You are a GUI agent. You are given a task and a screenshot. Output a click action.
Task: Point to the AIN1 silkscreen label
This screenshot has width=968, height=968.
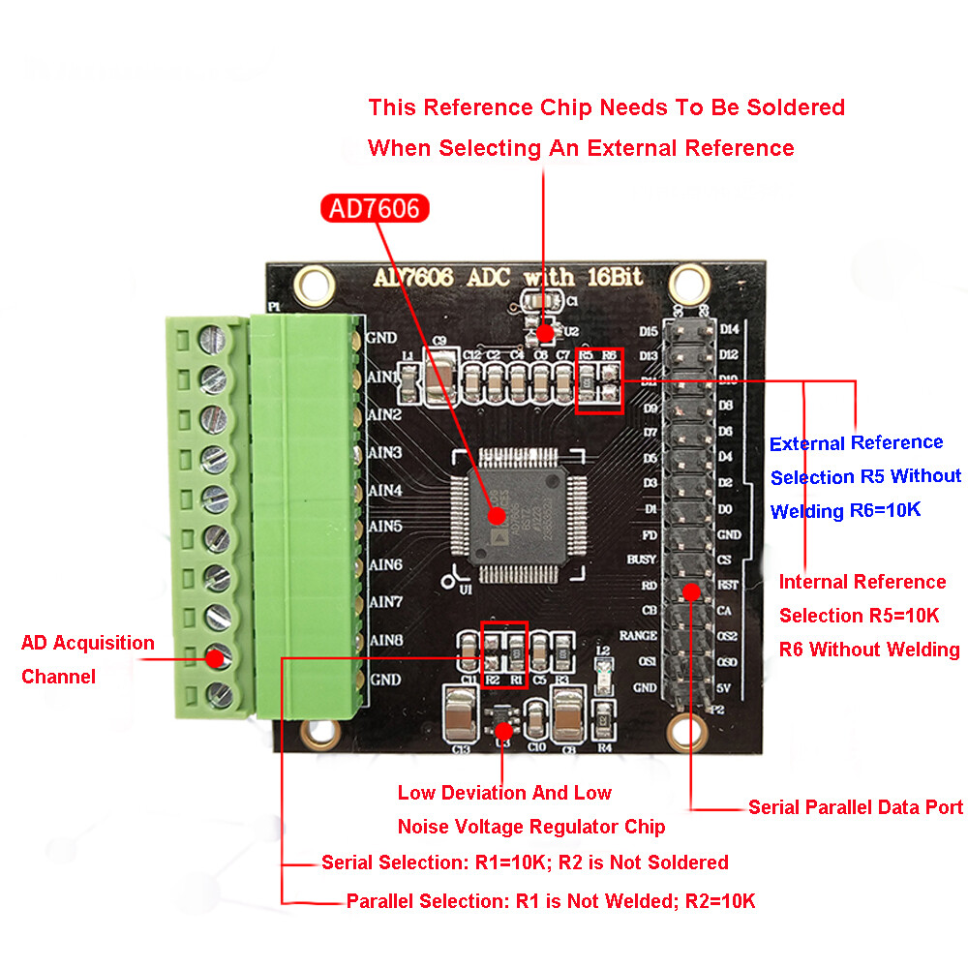384,377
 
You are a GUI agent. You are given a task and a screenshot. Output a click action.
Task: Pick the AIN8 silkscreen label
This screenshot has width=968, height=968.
385,640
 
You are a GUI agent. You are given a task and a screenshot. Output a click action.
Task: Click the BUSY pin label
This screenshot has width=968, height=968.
641,560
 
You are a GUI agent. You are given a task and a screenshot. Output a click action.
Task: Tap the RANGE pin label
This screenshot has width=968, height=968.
640,635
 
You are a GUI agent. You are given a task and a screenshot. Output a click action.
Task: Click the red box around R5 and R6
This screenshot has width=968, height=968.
598,380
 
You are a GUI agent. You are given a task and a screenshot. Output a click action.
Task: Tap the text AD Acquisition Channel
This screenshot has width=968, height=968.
87,659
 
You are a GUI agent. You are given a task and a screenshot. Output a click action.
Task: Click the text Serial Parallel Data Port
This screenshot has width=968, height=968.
856,807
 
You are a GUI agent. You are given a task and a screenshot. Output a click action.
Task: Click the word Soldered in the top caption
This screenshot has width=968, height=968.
793,106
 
